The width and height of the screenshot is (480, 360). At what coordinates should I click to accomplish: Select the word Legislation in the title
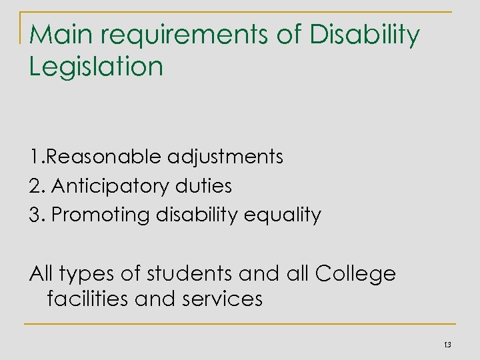tap(96, 66)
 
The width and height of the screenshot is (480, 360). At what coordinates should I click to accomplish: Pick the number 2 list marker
tap(35, 186)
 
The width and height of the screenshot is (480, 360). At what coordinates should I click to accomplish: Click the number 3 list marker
tap(35, 215)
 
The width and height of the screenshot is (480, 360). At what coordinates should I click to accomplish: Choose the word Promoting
tap(92, 216)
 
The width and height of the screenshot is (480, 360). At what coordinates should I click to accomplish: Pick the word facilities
tap(88, 299)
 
